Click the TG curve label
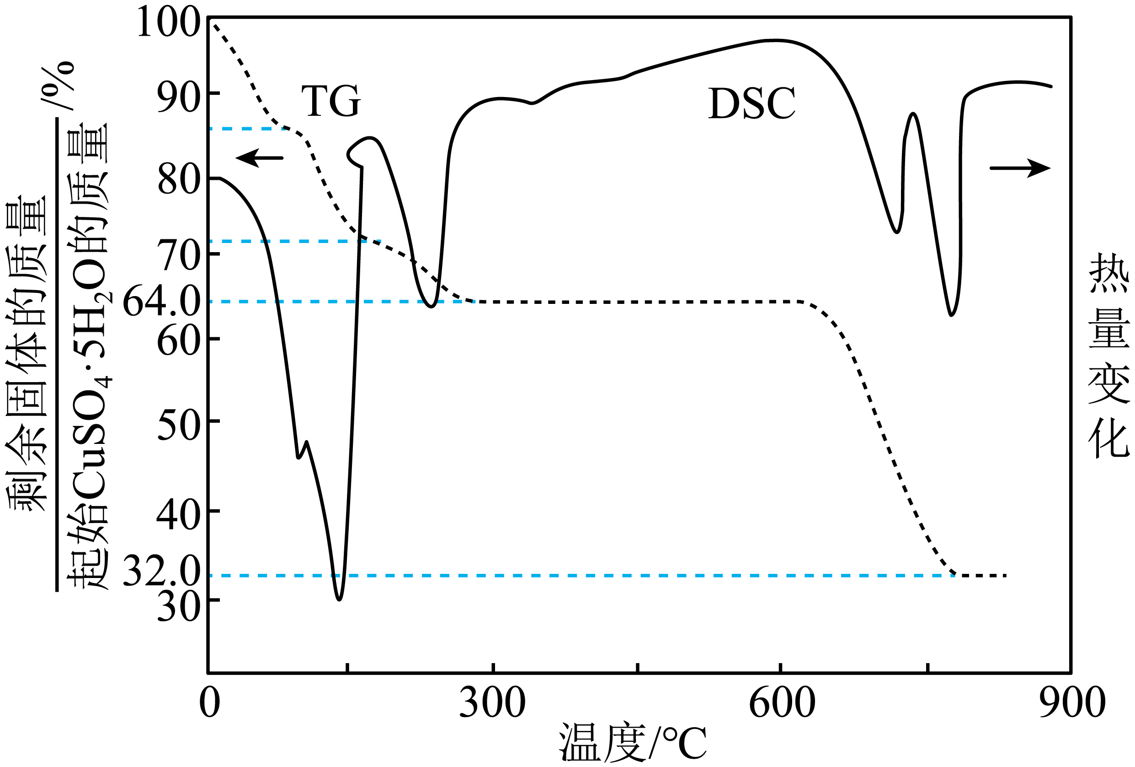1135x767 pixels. coord(330,101)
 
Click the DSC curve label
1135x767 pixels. coord(751,103)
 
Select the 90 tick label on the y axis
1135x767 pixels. coord(178,98)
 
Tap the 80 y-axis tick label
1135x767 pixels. coord(178,180)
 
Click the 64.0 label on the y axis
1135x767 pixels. coord(161,301)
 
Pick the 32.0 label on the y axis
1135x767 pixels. coord(161,571)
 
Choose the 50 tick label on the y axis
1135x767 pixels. coord(178,425)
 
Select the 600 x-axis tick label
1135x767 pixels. coord(782,703)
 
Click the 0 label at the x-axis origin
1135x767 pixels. coord(209,703)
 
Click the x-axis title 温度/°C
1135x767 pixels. coord(633,743)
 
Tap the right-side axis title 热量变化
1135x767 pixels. coord(1108,354)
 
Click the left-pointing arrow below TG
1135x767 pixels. coord(259,158)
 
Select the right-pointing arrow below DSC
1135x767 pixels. coord(1020,168)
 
